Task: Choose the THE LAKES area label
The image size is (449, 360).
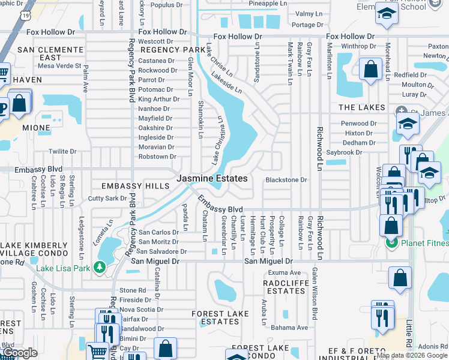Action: [x=361, y=107]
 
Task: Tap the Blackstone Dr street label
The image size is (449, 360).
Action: [x=286, y=179]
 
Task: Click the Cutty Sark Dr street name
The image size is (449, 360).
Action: [x=107, y=198]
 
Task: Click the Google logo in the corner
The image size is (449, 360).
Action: [x=20, y=353]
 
